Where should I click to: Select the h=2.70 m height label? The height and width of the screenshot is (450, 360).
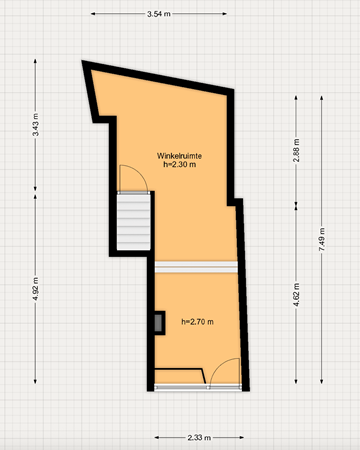[198, 321]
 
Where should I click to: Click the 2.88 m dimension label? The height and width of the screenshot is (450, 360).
[297, 150]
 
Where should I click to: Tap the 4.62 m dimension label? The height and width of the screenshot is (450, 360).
[297, 298]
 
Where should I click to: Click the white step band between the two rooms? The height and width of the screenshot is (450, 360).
[199, 266]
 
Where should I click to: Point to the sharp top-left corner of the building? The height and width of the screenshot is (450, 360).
[84, 64]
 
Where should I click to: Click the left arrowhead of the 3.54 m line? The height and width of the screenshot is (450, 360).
[93, 14]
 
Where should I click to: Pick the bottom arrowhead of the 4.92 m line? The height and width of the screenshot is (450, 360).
[35, 381]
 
